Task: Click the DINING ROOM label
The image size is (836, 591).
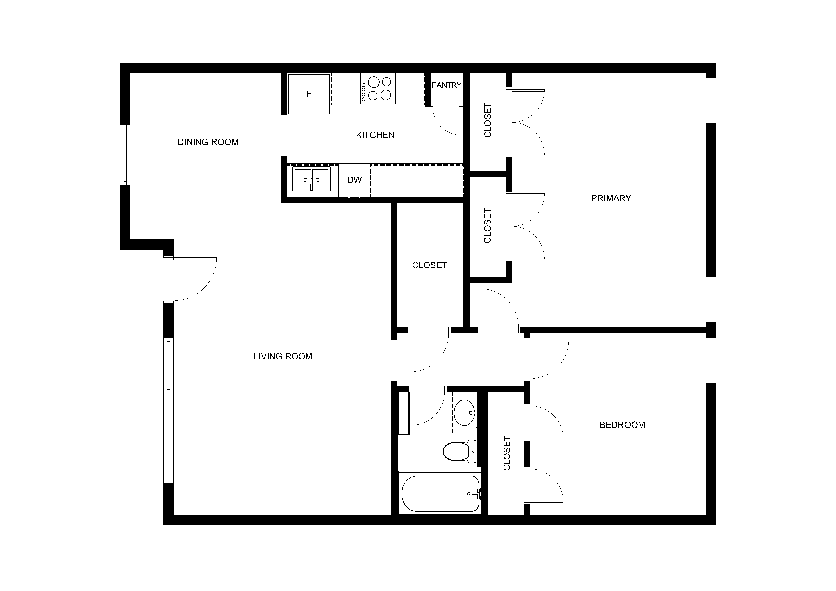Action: (208, 142)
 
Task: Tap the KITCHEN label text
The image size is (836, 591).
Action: (375, 135)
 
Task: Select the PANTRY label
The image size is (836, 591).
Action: (446, 85)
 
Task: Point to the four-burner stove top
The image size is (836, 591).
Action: (378, 88)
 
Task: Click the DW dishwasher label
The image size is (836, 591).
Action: (354, 180)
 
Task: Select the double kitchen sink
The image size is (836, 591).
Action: (311, 179)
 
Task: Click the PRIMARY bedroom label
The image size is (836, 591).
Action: (611, 198)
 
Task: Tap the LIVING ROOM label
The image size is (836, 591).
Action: (283, 356)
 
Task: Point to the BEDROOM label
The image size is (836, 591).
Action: (622, 425)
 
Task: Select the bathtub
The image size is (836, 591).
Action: (440, 493)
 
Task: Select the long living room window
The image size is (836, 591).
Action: (168, 410)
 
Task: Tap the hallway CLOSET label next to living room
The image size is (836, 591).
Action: (430, 265)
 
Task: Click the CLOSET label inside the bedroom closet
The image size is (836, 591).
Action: (507, 453)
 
